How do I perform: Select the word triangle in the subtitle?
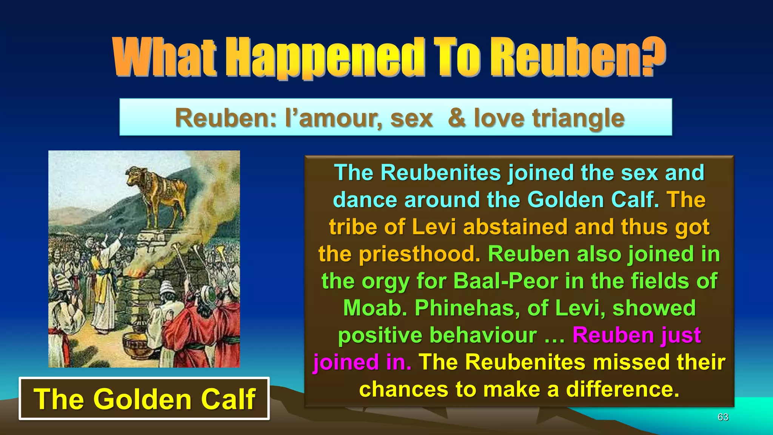pyautogui.click(x=578, y=118)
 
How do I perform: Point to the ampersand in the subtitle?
pyautogui.click(x=456, y=118)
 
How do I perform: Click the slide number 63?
pyautogui.click(x=723, y=417)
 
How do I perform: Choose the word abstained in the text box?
pyautogui.click(x=516, y=227)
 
